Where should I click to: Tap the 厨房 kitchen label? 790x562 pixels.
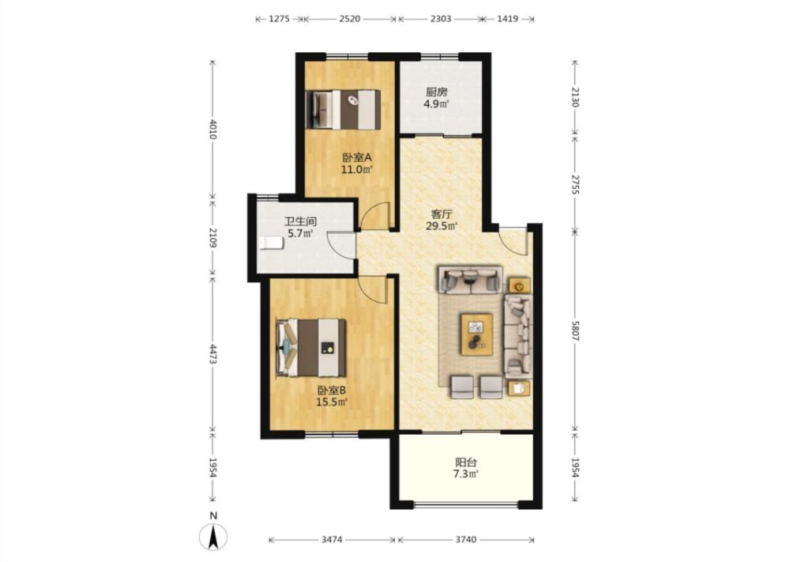pyautogui.click(x=436, y=92)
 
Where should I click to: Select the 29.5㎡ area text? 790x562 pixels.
pyautogui.click(x=442, y=226)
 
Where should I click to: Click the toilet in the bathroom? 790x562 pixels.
pyautogui.click(x=271, y=243)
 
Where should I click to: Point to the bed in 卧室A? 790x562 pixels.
pyautogui.click(x=343, y=109)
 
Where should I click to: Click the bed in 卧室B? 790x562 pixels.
pyautogui.click(x=310, y=347)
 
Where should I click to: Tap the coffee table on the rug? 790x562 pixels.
pyautogui.click(x=476, y=334)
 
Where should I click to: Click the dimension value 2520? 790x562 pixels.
pyautogui.click(x=350, y=19)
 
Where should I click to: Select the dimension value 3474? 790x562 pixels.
pyautogui.click(x=332, y=540)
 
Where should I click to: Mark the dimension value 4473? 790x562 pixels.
pyautogui.click(x=213, y=354)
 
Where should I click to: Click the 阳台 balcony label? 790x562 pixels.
pyautogui.click(x=466, y=462)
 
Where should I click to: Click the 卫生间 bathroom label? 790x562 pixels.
pyautogui.click(x=300, y=221)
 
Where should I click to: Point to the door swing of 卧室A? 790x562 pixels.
pyautogui.click(x=375, y=215)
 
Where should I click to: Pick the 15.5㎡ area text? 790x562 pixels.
pyautogui.click(x=331, y=402)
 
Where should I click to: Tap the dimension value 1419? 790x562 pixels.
pyautogui.click(x=507, y=19)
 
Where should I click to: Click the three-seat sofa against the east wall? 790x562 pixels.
pyautogui.click(x=518, y=336)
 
